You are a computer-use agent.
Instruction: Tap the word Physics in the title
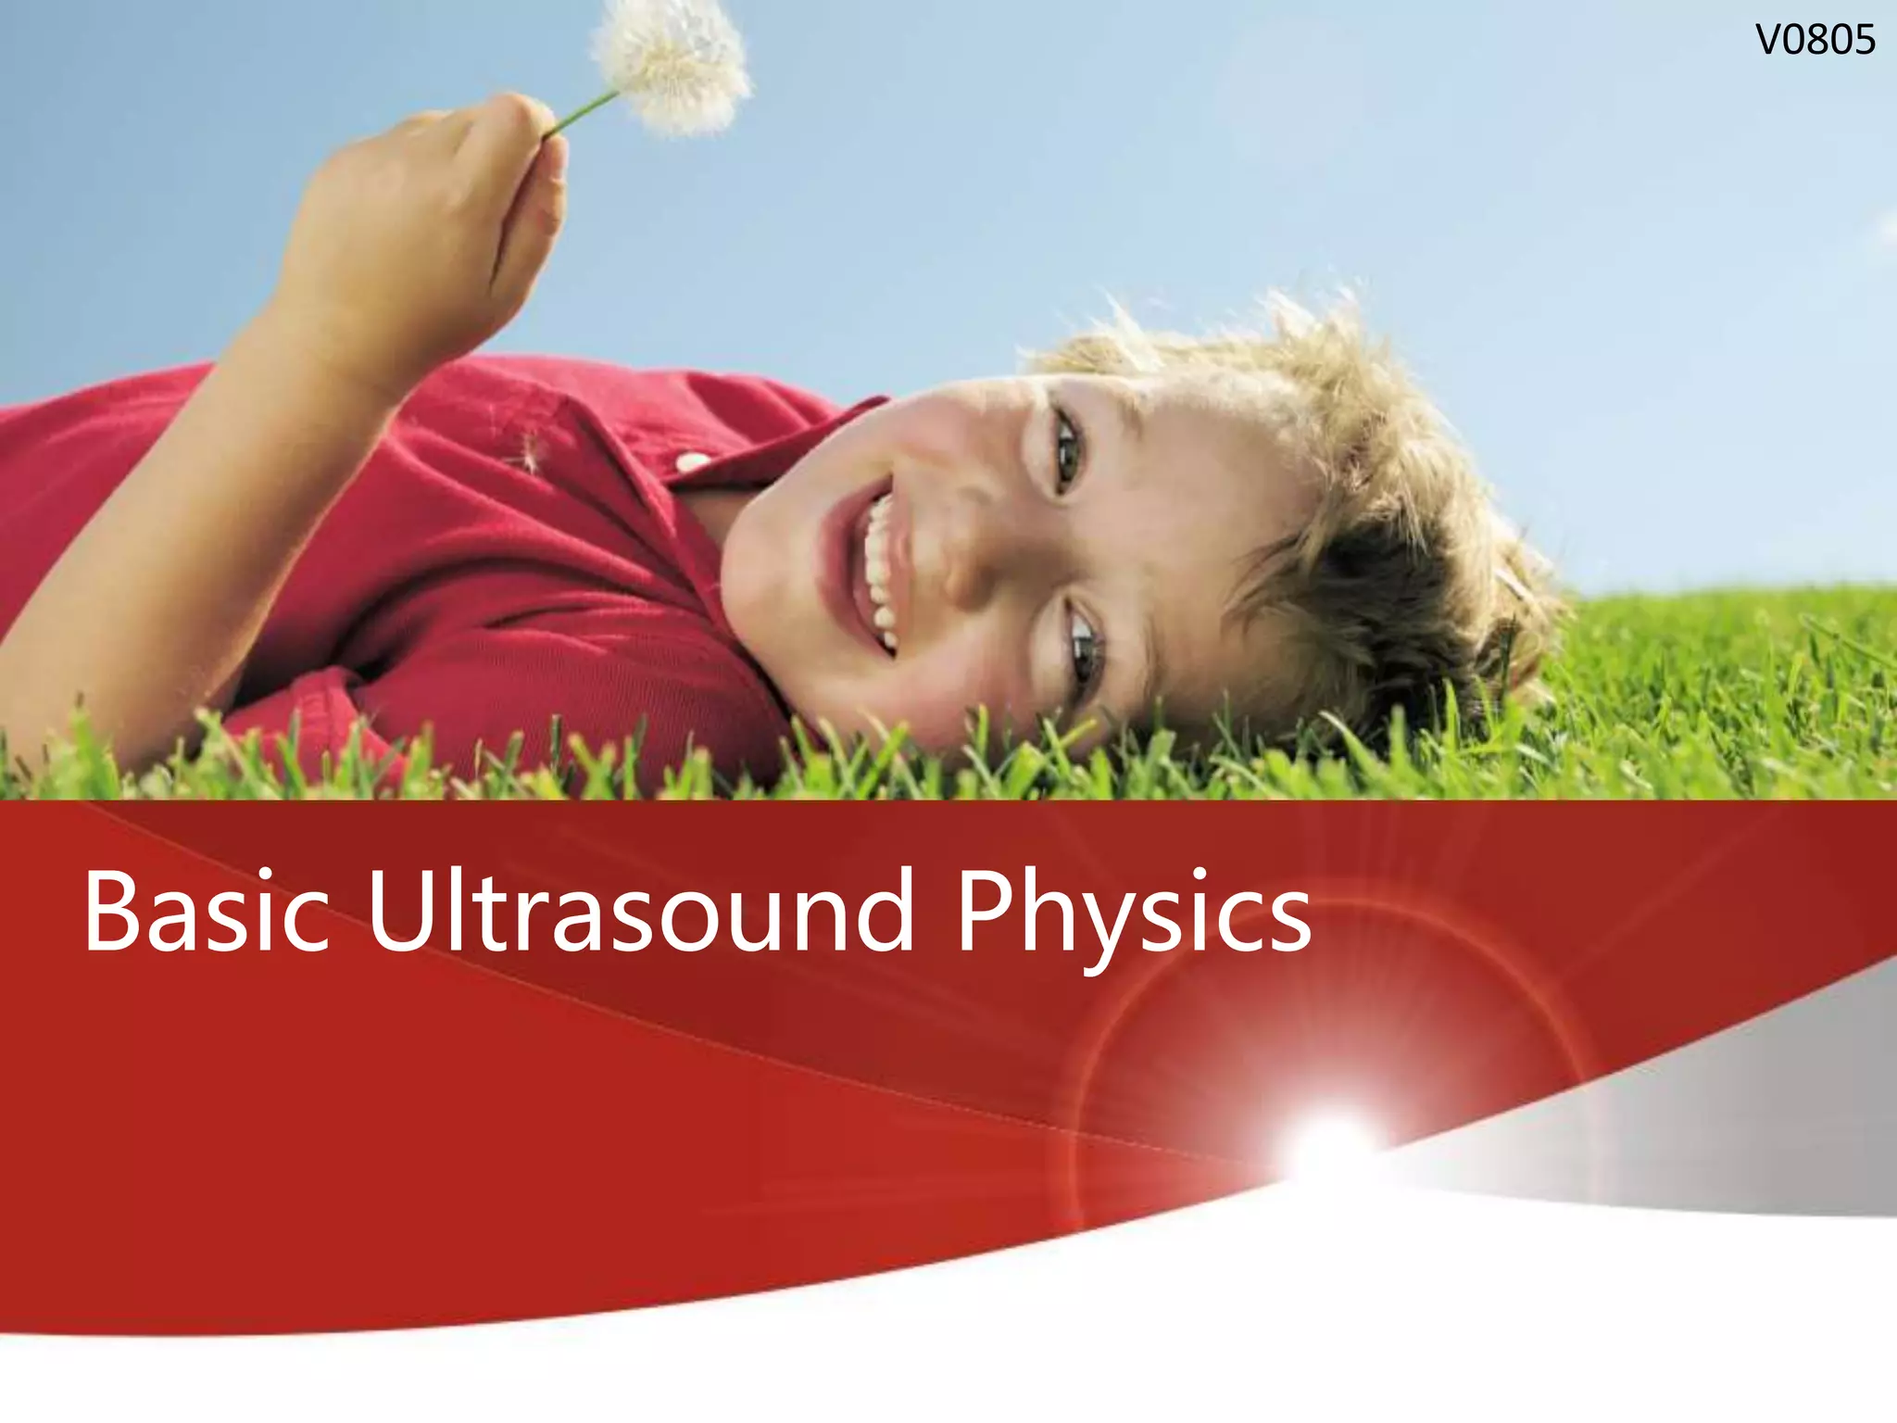click(1133, 913)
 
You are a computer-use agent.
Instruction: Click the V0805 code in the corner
click(1815, 41)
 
